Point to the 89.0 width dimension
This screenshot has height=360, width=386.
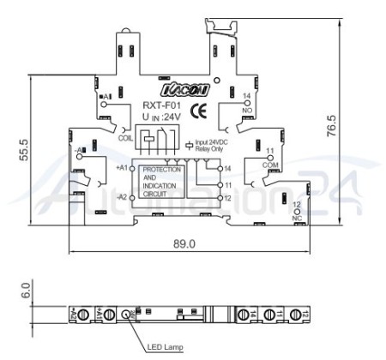tap(184, 243)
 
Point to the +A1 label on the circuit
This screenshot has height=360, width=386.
tap(120, 168)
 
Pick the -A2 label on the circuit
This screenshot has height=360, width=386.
tap(120, 196)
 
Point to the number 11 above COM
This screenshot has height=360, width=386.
tap(269, 151)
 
